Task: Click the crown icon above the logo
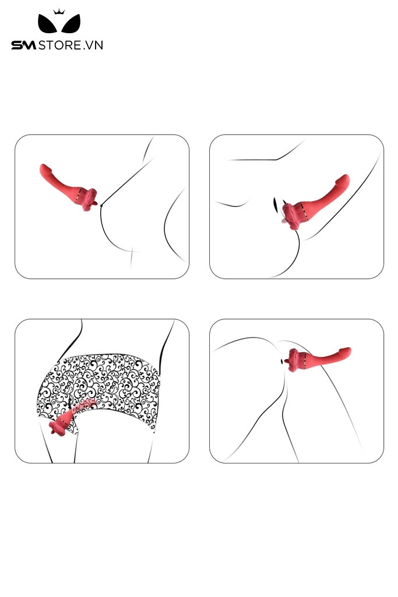(58, 12)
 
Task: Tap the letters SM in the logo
(24, 45)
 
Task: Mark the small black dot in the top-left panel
(102, 205)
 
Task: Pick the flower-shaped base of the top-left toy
(89, 199)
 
